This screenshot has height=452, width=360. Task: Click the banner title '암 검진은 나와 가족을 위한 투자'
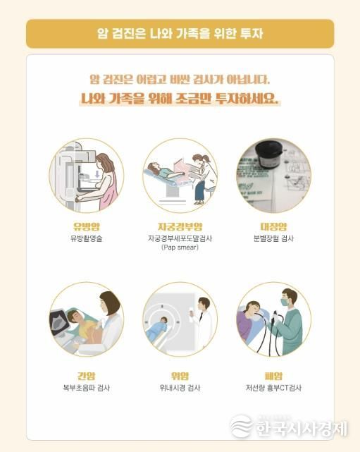pos(180,32)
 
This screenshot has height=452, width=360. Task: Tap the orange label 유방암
pos(87,226)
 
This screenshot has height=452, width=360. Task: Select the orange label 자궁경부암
pos(180,226)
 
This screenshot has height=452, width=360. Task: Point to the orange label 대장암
pos(273,226)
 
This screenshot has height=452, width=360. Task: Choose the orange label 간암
pos(87,375)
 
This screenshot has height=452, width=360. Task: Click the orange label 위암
pos(180,375)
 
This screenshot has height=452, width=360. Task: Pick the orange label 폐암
pos(273,375)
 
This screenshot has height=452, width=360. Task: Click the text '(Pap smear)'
pos(180,248)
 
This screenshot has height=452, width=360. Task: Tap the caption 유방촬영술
pos(87,239)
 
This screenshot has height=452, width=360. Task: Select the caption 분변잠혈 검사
pos(273,239)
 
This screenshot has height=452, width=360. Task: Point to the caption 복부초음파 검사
pos(87,388)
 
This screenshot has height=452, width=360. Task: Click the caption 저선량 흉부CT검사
pos(273,388)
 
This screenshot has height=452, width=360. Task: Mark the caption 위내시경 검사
pos(180,388)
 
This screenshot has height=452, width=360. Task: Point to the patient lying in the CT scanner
pos(161,326)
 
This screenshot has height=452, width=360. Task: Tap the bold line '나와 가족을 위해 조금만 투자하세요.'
pos(180,99)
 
